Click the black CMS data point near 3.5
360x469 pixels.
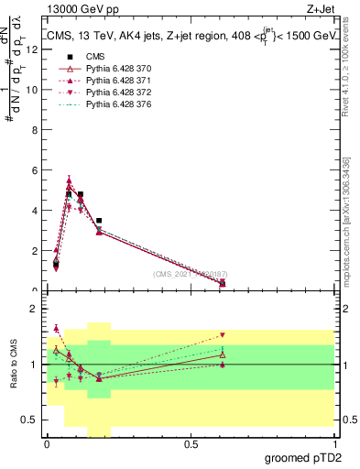coord(99,221)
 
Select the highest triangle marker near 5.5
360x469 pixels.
coord(69,180)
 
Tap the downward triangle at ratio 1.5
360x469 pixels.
coord(223,335)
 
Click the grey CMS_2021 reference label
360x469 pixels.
coord(190,274)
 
